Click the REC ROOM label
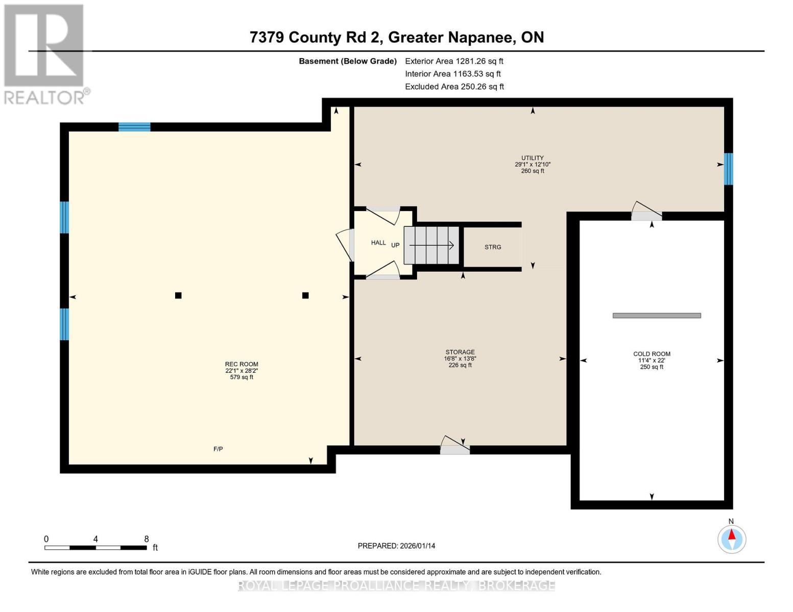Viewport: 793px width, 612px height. [x=242, y=364]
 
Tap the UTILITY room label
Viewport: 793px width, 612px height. [x=532, y=158]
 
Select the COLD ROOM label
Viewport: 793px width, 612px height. [x=652, y=354]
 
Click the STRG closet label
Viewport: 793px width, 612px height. [x=493, y=247]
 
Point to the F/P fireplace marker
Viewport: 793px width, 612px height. [x=218, y=449]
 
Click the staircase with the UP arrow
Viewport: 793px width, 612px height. [x=431, y=245]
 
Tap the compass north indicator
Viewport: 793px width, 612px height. [x=732, y=539]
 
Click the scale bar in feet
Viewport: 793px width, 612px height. [x=95, y=548]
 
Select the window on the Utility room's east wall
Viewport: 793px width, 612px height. [x=728, y=169]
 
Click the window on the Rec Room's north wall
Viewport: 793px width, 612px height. [x=134, y=127]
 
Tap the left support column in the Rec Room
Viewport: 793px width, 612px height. [x=178, y=295]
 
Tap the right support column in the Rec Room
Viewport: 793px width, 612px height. [x=305, y=295]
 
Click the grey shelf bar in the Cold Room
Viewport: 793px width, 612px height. [x=657, y=316]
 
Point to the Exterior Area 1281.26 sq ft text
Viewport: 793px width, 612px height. [x=454, y=61]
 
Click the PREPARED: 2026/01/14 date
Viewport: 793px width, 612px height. [x=396, y=546]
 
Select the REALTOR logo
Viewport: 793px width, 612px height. [x=45, y=54]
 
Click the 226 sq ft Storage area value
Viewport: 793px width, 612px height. [x=460, y=365]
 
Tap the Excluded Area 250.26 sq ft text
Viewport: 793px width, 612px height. [x=454, y=87]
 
